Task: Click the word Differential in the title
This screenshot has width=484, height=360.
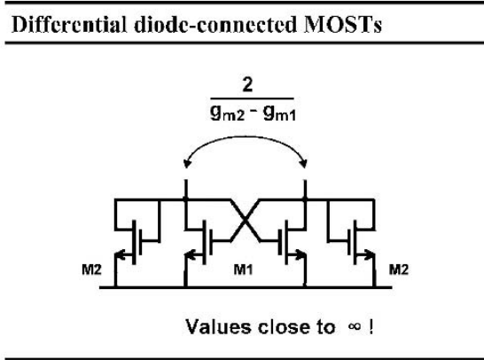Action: pyautogui.click(x=69, y=25)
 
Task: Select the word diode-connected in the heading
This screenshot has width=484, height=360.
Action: pyautogui.click(x=215, y=25)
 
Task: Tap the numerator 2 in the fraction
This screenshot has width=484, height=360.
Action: pyautogui.click(x=247, y=84)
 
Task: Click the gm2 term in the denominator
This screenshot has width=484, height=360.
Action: pyautogui.click(x=228, y=113)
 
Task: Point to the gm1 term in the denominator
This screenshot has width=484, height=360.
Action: pyautogui.click(x=279, y=113)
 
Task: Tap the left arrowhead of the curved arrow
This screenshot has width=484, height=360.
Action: pyautogui.click(x=186, y=163)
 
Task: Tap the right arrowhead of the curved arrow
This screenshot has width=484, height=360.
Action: pyautogui.click(x=304, y=163)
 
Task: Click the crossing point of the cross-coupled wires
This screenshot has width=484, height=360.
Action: pyautogui.click(x=245, y=220)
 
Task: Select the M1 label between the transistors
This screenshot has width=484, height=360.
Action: pyautogui.click(x=243, y=270)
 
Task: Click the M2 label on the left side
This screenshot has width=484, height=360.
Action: pyautogui.click(x=91, y=270)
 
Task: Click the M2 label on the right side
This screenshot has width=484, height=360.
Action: pyautogui.click(x=399, y=270)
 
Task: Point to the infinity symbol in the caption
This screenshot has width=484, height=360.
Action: pyautogui.click(x=354, y=326)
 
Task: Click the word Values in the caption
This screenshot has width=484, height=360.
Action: pyautogui.click(x=218, y=326)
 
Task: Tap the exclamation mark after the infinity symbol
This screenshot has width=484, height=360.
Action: pyautogui.click(x=371, y=326)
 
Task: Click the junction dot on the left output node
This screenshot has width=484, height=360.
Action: pyautogui.click(x=185, y=200)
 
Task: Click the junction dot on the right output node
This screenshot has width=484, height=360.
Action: pyautogui.click(x=305, y=200)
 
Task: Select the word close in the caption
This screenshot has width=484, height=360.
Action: pyautogui.click(x=284, y=326)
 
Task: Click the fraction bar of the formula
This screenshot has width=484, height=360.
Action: pyautogui.click(x=252, y=98)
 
